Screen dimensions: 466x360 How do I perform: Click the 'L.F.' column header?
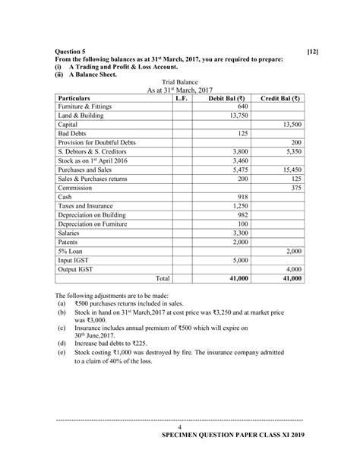(181, 98)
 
